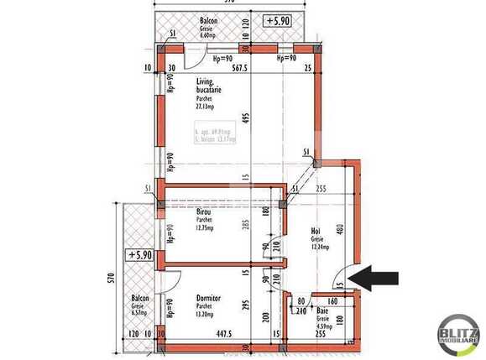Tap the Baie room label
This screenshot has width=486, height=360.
pyautogui.click(x=322, y=309)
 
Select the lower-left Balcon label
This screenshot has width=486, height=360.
pyautogui.click(x=139, y=298)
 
